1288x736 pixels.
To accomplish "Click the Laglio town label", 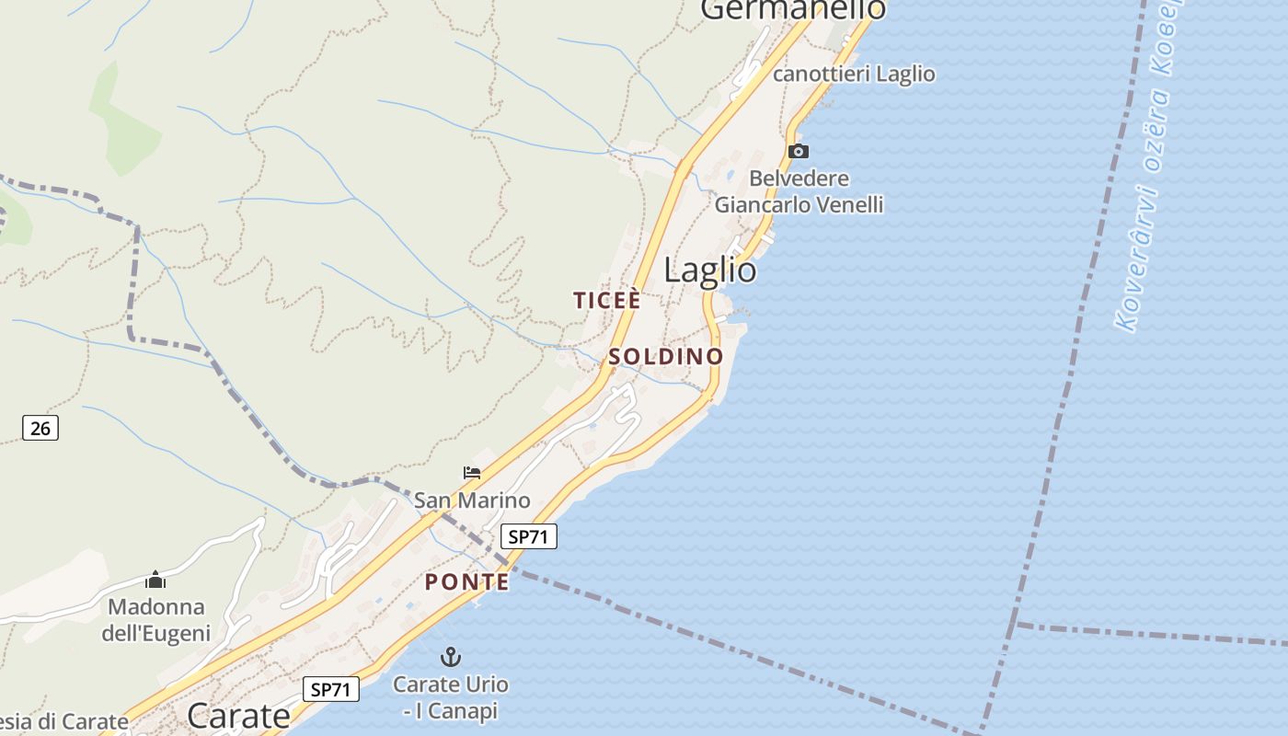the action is [x=710, y=270].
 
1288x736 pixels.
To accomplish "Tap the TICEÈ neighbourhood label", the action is [x=606, y=301].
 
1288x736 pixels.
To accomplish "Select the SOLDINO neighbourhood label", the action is [x=666, y=357].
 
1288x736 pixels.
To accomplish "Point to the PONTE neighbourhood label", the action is [x=467, y=582].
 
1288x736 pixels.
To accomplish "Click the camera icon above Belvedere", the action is [x=799, y=152].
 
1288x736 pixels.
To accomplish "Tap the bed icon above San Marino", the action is [x=472, y=474].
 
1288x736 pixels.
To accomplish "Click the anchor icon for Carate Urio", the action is [x=450, y=657].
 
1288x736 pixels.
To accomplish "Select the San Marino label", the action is [x=472, y=500].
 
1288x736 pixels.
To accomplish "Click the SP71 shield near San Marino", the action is [x=529, y=536].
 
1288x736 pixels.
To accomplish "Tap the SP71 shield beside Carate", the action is [x=331, y=689].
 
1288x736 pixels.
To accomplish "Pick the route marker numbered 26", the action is [x=40, y=427].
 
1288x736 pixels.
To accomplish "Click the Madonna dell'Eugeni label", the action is [x=156, y=620].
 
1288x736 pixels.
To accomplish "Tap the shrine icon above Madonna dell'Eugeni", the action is [x=155, y=580].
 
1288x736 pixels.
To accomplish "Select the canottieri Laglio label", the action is [x=854, y=75].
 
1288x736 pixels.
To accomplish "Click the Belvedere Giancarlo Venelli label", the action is [x=799, y=191].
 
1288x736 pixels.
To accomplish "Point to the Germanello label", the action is [x=793, y=9].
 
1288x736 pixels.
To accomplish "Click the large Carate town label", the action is [x=238, y=715].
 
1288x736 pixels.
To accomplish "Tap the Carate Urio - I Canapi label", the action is [x=450, y=697].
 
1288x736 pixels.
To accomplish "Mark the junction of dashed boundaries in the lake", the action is [x=1014, y=624].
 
